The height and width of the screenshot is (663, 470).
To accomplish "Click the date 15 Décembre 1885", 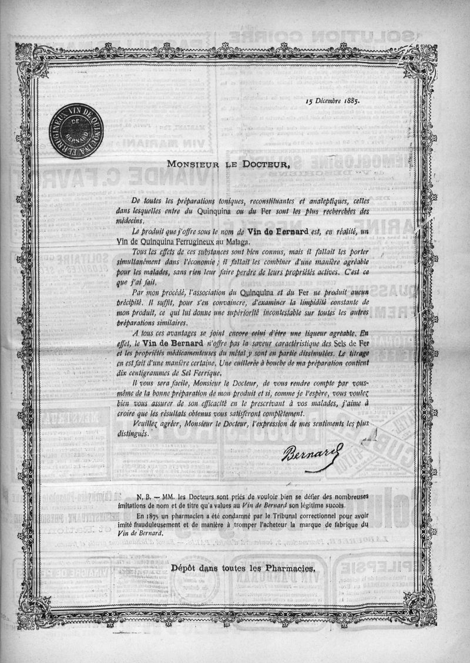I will pyautogui.click(x=333, y=100).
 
